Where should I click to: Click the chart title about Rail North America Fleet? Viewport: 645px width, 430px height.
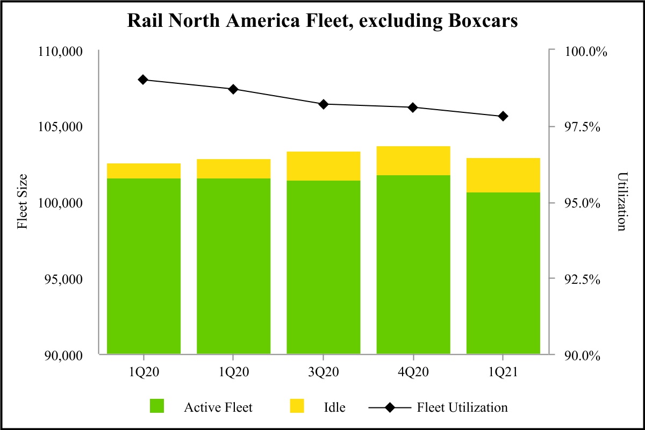coord(322,20)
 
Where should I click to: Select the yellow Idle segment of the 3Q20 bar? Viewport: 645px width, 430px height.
coord(323,166)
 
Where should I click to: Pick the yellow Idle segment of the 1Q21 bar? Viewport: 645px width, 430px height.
coord(503,175)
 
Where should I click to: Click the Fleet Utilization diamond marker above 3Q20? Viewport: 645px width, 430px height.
coord(323,104)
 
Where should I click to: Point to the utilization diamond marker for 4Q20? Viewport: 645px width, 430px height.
coord(413,107)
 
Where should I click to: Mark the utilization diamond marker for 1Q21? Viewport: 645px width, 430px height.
coord(503,116)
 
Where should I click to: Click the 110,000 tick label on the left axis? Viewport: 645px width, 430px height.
coord(60,52)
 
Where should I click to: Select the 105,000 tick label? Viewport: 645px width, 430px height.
coord(60,127)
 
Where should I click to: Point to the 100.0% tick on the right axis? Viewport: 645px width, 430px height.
coord(584,52)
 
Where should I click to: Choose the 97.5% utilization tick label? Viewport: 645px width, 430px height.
coord(584,127)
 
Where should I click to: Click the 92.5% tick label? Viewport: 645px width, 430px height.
coord(584,279)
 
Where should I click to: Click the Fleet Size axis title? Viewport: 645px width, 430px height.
coord(23,203)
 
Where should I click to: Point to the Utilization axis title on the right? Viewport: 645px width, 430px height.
coord(622,203)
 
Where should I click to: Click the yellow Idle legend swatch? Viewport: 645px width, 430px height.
coord(297,406)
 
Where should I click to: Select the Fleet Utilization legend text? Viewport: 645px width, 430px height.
coord(462,407)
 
